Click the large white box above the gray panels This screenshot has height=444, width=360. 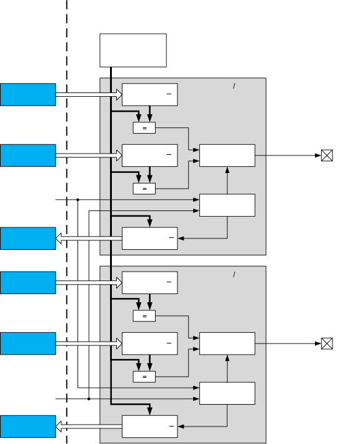133,51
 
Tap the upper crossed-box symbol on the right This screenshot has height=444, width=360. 327,155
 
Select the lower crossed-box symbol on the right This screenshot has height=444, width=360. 327,343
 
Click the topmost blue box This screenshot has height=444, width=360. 27,94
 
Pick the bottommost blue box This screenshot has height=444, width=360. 27,427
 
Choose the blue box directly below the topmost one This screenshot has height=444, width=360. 27,155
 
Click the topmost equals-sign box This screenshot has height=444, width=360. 144,128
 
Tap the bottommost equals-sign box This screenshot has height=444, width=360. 144,377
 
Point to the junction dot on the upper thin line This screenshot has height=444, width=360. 78,200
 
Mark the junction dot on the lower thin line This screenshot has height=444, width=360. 89,398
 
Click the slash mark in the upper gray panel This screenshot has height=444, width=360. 234,86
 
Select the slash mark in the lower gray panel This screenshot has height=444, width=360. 234,274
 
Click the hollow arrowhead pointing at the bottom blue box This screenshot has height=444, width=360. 59,427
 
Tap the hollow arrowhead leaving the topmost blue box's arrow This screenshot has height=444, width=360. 119,94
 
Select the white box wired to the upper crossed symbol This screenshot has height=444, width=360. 227,155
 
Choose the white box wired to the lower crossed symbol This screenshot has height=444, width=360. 227,343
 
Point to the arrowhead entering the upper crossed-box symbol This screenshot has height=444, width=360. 318,155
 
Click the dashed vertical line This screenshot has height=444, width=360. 67,222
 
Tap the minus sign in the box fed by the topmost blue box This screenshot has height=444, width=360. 169,94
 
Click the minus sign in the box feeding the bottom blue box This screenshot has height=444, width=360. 171,426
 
